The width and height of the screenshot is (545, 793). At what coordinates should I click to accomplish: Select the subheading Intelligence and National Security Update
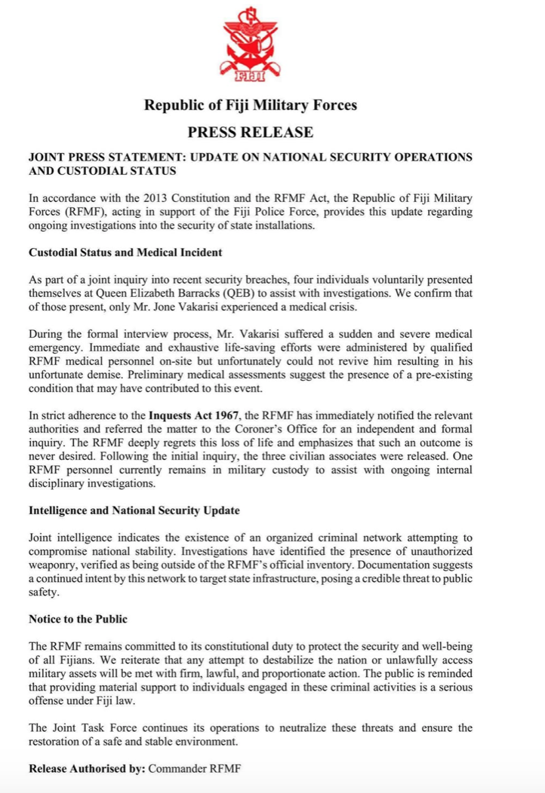[x=134, y=510]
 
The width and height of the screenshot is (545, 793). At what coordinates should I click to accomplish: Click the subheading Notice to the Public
[x=78, y=619]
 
